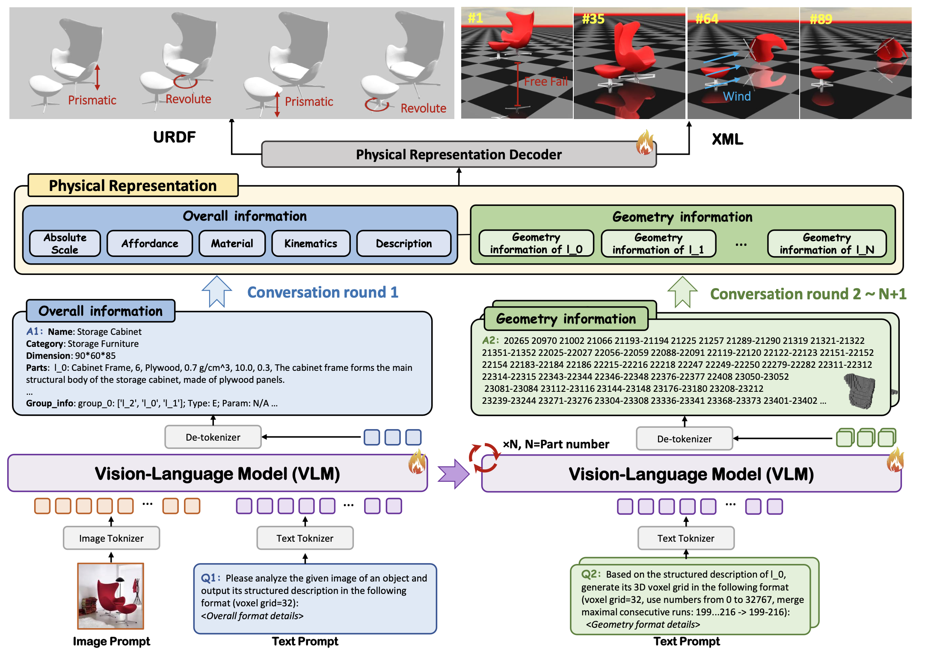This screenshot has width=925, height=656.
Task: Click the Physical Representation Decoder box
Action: pos(458,155)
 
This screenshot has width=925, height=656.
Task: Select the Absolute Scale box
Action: pos(65,244)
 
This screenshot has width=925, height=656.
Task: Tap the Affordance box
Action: pos(150,244)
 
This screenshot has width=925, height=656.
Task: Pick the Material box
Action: pos(232,244)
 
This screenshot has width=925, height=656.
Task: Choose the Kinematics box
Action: pos(311,244)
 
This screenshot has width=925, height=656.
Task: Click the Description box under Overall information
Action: pos(403,244)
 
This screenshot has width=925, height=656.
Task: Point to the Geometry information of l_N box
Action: pos(827,244)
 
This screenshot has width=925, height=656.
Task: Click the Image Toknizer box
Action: pos(111,538)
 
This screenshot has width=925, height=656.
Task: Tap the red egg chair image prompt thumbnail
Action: pos(111,596)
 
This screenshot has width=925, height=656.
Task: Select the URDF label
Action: pos(174,137)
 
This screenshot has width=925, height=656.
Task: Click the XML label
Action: pos(727,140)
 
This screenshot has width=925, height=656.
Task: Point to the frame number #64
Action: pos(707,19)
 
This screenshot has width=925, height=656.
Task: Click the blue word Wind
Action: pos(737,96)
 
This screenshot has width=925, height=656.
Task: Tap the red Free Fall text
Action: pos(546,81)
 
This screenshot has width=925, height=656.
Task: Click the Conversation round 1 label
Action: pos(323,292)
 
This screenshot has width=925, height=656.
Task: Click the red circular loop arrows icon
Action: pos(484,458)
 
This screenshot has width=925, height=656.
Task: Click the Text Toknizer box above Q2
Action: pos(686,538)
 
